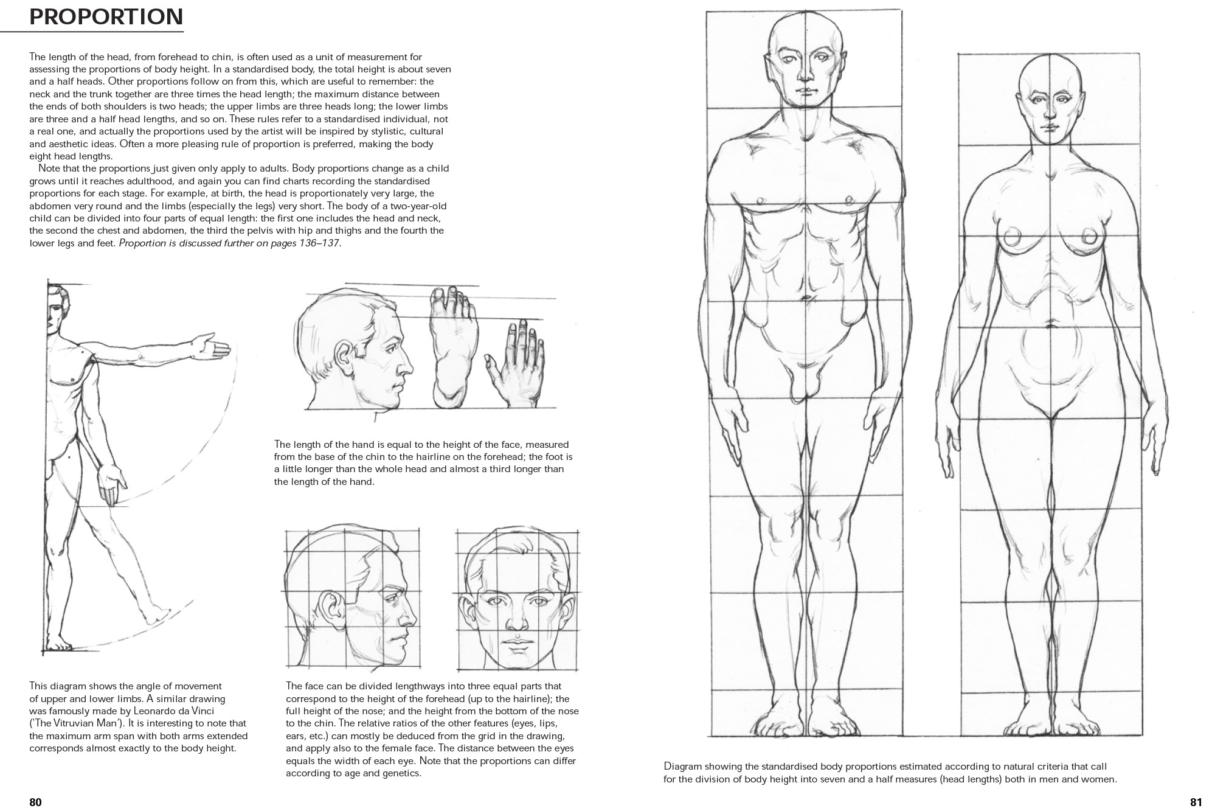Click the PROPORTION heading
pos(106,17)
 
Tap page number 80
pos(35,802)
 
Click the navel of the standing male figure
pos(806,298)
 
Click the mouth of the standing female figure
pos(1051,126)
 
